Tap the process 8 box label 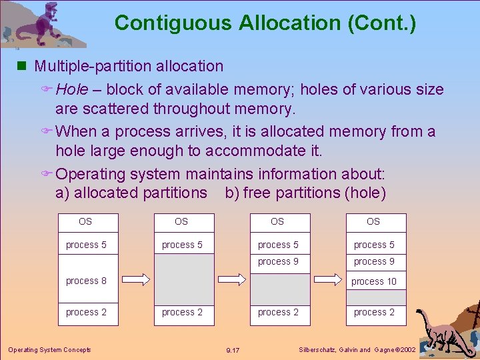pyautogui.click(x=86, y=281)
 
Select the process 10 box pyautogui.click(x=374, y=281)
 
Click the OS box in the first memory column pyautogui.click(x=85, y=221)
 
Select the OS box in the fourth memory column pyautogui.click(x=373, y=221)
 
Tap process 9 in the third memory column pyautogui.click(x=278, y=261)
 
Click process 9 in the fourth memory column pyautogui.click(x=374, y=261)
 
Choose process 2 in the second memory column pyautogui.click(x=182, y=312)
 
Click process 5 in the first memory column pyautogui.click(x=86, y=245)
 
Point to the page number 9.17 pyautogui.click(x=233, y=350)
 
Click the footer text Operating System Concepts pyautogui.click(x=49, y=349)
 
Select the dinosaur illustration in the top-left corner pyautogui.click(x=43, y=25)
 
